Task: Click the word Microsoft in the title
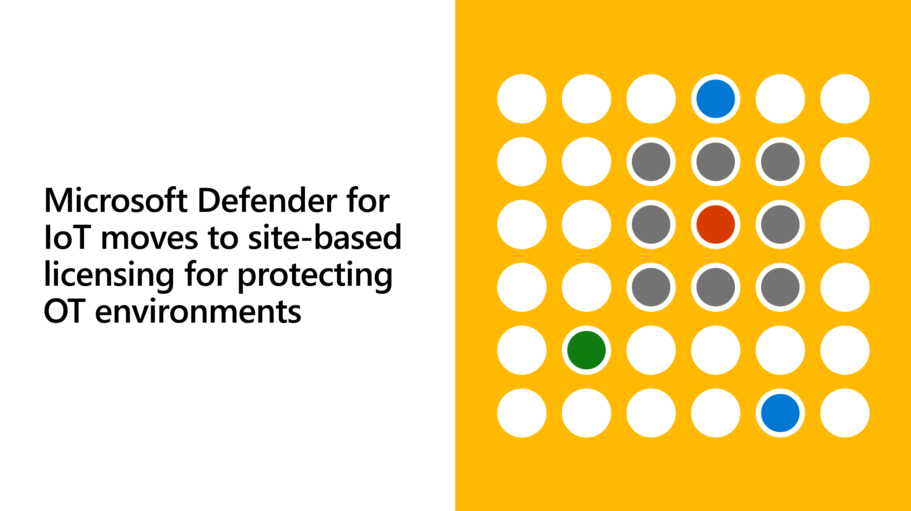pyautogui.click(x=116, y=200)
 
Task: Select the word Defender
pyautogui.click(x=268, y=200)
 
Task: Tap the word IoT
pyautogui.click(x=67, y=237)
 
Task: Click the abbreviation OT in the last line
pyautogui.click(x=64, y=311)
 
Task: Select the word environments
pyautogui.click(x=198, y=311)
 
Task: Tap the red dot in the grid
pyautogui.click(x=716, y=224)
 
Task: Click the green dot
pyautogui.click(x=586, y=350)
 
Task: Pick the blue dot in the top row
pyautogui.click(x=716, y=99)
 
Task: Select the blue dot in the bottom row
pyautogui.click(x=780, y=413)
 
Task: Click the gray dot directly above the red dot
pyautogui.click(x=716, y=162)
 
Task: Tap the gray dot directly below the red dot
pyautogui.click(x=716, y=287)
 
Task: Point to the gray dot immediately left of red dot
pyautogui.click(x=651, y=224)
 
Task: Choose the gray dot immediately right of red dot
pyautogui.click(x=780, y=224)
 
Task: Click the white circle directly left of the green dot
pyautogui.click(x=522, y=350)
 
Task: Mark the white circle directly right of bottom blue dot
pyautogui.click(x=845, y=413)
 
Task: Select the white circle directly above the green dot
pyautogui.click(x=586, y=287)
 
